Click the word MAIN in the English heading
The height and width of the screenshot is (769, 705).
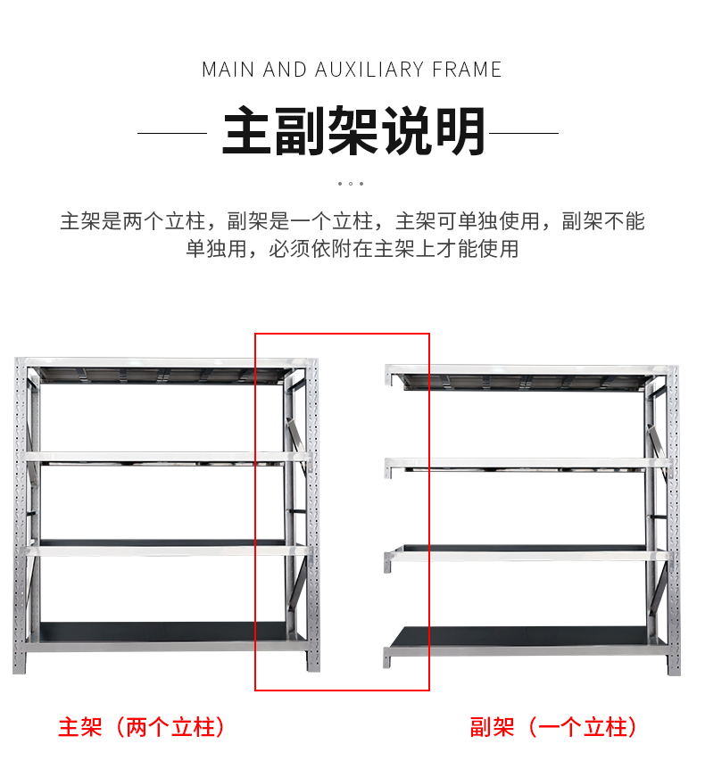click(228, 70)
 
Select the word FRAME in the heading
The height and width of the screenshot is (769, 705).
click(467, 70)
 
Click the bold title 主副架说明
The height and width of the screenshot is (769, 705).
click(352, 132)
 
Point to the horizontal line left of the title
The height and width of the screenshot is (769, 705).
click(172, 133)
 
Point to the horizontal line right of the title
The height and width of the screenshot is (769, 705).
click(524, 133)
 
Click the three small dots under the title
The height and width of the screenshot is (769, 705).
click(352, 184)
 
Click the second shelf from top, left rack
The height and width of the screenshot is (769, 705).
click(165, 457)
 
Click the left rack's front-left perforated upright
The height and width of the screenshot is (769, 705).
click(20, 517)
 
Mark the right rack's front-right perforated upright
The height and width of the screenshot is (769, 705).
click(672, 517)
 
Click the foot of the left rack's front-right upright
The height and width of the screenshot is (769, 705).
click(313, 662)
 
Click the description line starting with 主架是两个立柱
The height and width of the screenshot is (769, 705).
click(352, 220)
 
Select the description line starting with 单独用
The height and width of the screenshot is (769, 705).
click(352, 249)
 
